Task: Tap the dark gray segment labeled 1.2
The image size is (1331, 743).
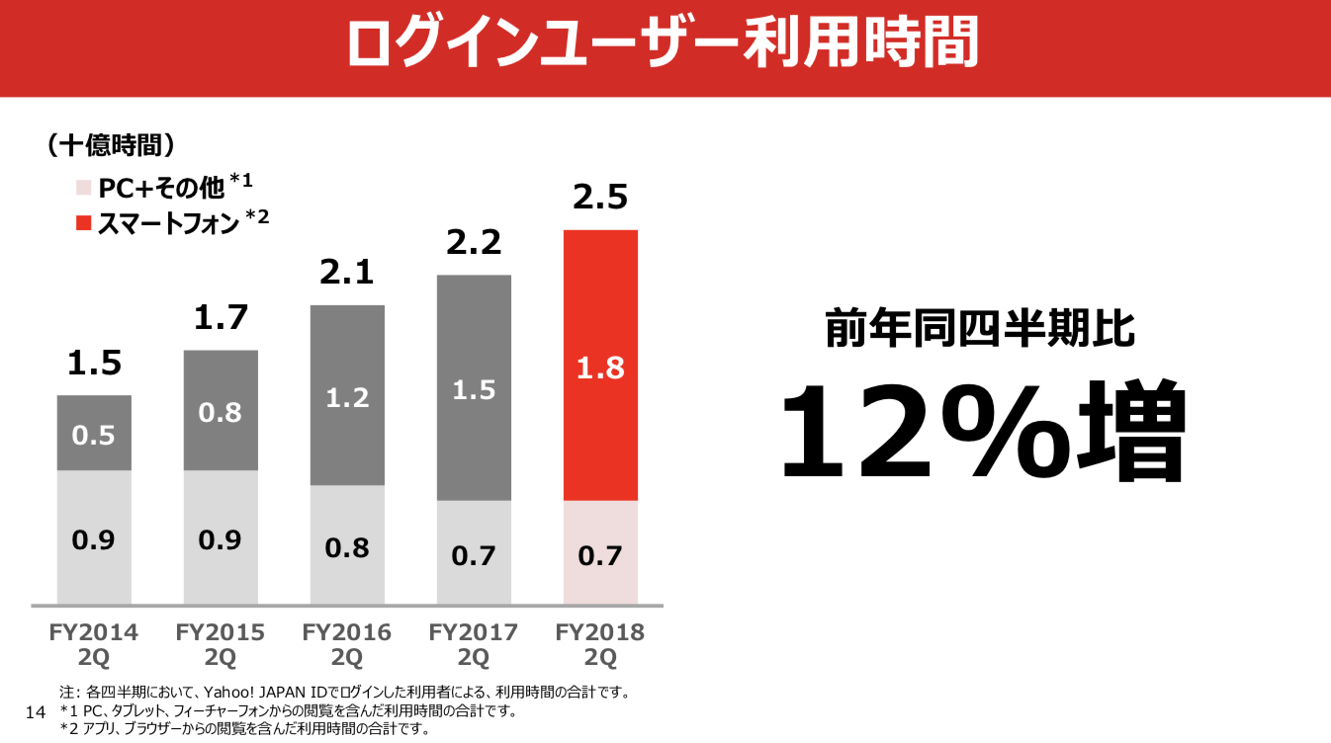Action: pyautogui.click(x=347, y=395)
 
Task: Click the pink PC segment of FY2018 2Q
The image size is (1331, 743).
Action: pyautogui.click(x=600, y=552)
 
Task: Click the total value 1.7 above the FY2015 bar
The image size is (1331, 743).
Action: pyautogui.click(x=221, y=318)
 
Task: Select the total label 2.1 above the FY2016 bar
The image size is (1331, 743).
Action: pyautogui.click(x=347, y=272)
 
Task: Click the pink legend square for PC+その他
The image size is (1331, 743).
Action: pyautogui.click(x=83, y=187)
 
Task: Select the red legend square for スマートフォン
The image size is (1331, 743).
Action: pyautogui.click(x=83, y=224)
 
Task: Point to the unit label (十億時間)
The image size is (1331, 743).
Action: pyautogui.click(x=111, y=146)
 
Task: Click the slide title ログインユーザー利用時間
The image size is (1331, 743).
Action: pyautogui.click(x=665, y=44)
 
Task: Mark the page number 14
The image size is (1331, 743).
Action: pyautogui.click(x=35, y=712)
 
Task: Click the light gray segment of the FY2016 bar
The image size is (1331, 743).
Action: pyautogui.click(x=347, y=544)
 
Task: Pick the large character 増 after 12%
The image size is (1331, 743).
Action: pyautogui.click(x=1132, y=431)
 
